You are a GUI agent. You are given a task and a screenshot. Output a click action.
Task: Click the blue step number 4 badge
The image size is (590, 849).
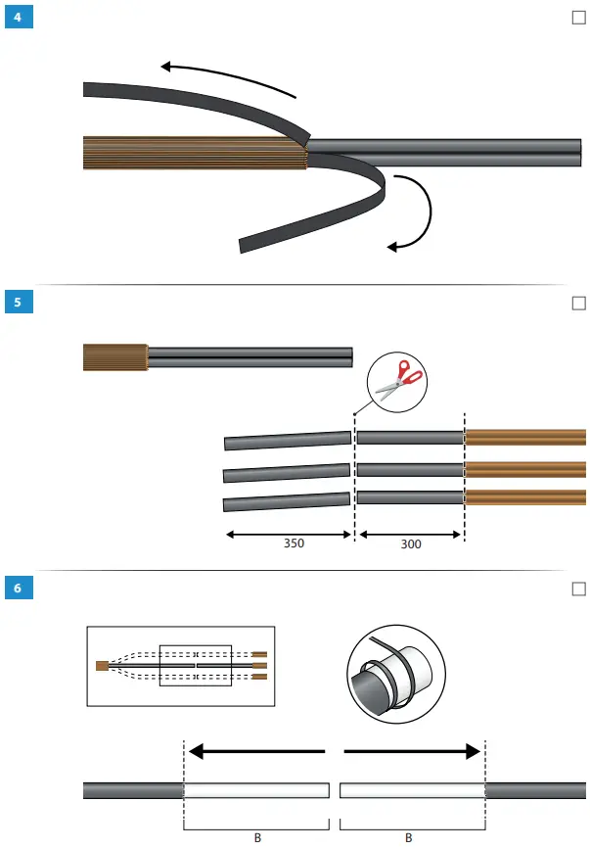(17, 18)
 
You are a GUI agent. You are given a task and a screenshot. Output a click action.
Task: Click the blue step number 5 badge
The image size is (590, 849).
(17, 303)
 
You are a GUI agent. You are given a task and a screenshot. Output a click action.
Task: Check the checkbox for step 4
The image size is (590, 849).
(577, 18)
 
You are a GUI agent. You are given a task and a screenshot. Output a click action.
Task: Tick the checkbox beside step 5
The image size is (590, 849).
(577, 304)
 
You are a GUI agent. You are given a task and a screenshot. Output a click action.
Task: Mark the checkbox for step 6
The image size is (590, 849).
(577, 589)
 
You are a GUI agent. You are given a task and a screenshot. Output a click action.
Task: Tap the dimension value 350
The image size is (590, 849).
(293, 542)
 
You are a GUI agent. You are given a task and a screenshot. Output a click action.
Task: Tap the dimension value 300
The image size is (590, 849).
(411, 542)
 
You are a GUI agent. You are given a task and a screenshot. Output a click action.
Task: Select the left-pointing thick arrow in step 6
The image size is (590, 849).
(255, 751)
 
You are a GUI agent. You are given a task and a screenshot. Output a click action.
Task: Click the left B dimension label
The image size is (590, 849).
(257, 837)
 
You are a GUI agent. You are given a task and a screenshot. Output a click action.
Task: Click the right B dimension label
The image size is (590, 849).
(409, 837)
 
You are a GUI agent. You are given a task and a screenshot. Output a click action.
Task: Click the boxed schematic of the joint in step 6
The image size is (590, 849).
(181, 666)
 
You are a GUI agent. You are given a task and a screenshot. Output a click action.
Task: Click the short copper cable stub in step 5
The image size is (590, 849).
(114, 357)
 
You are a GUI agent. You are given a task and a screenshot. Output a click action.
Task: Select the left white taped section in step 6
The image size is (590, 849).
(256, 790)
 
